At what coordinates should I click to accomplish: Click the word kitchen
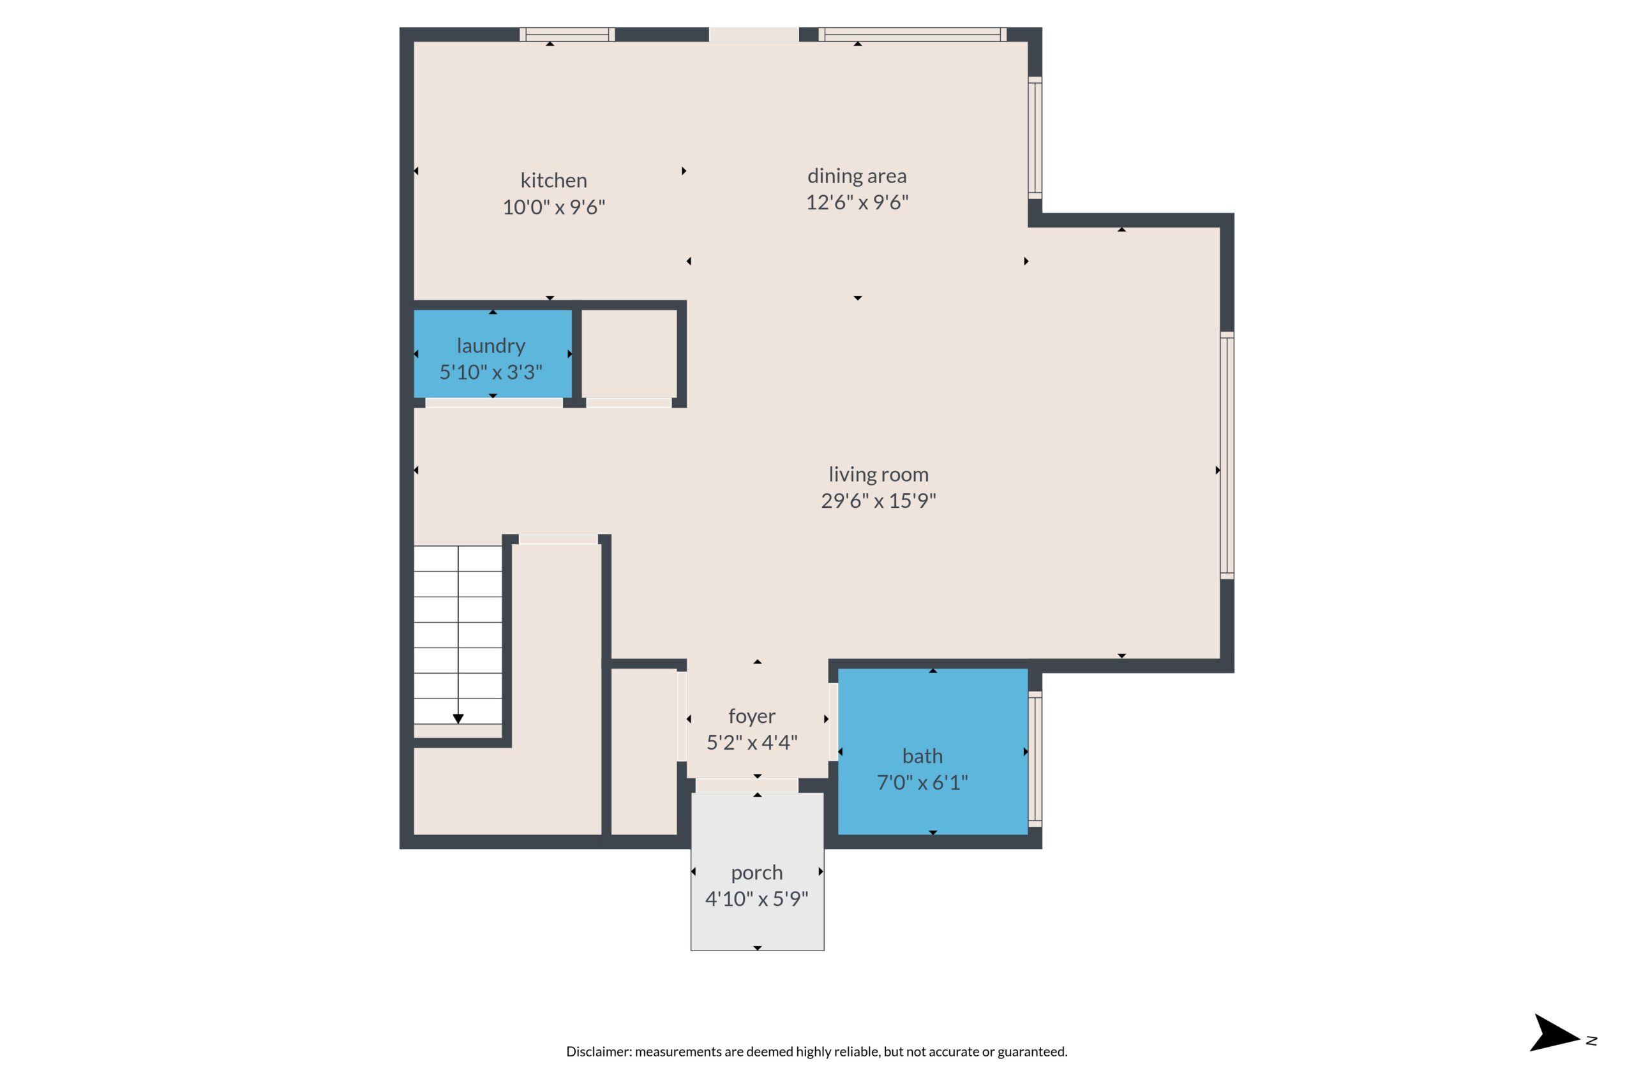coord(553,181)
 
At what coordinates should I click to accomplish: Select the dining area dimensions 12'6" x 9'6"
coord(857,202)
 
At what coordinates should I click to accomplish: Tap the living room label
coord(878,475)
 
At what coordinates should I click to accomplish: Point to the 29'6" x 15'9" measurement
coord(878,501)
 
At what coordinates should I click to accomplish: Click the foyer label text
coord(752,716)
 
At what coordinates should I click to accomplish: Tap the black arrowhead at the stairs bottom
coord(458,719)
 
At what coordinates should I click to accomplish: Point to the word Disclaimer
coord(597,1051)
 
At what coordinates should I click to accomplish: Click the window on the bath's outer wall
coord(1035,759)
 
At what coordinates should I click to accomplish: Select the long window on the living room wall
coord(1227,455)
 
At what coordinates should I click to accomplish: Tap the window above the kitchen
coord(567,34)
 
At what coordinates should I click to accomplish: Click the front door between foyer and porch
coord(746,785)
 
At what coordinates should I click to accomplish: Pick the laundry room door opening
coord(493,403)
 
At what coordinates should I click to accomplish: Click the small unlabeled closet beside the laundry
coord(629,354)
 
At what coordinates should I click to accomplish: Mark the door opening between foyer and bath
coord(833,721)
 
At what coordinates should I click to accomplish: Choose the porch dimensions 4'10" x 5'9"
coord(756,899)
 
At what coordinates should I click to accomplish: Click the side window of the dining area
coord(1035,138)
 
